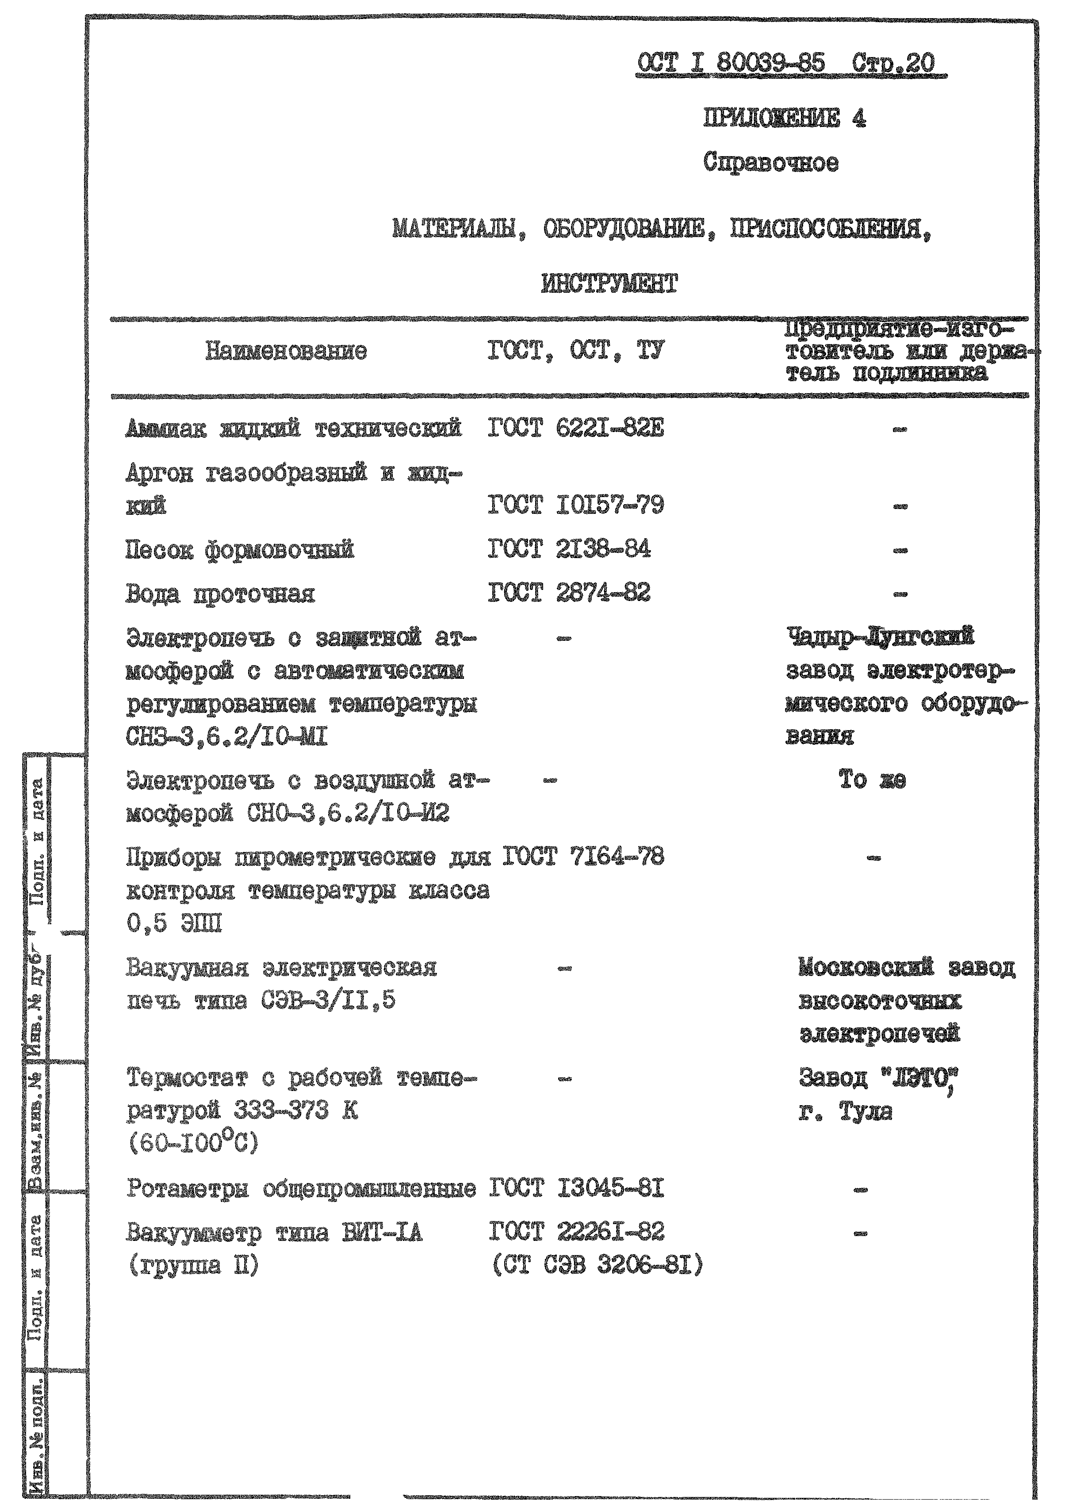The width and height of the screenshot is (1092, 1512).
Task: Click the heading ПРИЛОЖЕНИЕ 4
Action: (x=784, y=118)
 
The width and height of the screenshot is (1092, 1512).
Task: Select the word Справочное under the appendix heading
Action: (x=770, y=163)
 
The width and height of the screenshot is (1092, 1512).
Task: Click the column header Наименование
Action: (x=286, y=351)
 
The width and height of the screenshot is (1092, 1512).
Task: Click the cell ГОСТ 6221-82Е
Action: (x=575, y=428)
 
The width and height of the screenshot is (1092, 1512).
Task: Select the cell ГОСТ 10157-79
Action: (x=575, y=505)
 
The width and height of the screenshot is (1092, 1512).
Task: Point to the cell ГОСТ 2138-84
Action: (x=569, y=549)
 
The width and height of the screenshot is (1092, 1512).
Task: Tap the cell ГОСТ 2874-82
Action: (x=569, y=593)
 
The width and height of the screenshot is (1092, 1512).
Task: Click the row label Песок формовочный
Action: (x=239, y=551)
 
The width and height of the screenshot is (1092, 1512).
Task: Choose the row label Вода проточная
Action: (x=220, y=594)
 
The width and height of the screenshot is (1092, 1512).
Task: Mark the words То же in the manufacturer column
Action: (x=872, y=781)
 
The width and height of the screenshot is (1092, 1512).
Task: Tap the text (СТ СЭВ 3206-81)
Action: (x=598, y=1265)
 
